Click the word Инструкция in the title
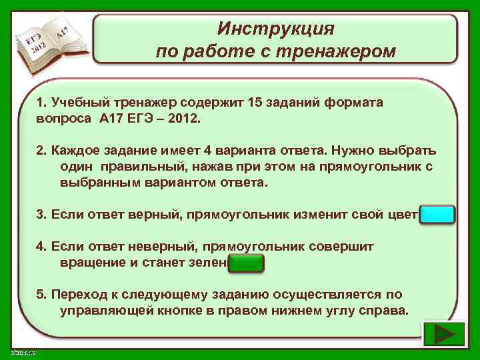point(275,29)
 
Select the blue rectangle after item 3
point(439,215)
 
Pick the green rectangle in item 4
point(246,263)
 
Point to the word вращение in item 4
point(90,263)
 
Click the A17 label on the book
point(63,31)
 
